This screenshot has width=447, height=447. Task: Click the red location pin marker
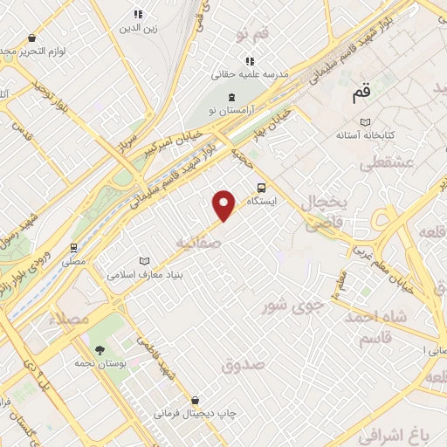point(225,205)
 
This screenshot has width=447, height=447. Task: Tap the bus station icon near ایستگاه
point(262,186)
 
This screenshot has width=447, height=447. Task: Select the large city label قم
point(361,90)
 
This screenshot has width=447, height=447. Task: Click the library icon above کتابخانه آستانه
point(366,121)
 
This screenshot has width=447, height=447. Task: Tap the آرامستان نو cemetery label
point(230,111)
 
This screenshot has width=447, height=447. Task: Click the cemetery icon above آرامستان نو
point(230,95)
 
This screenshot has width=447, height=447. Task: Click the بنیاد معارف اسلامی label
point(143,274)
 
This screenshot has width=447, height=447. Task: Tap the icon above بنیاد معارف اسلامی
point(144,260)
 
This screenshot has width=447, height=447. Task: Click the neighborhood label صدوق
point(241,365)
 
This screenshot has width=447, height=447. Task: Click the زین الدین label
point(137,28)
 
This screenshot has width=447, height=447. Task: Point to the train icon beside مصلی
point(74,247)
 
